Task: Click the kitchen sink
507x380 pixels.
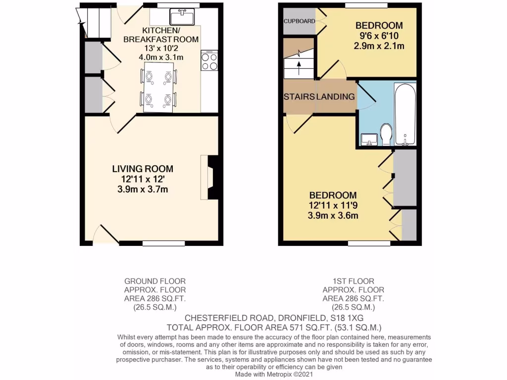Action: (182, 17)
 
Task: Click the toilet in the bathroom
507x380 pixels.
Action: (386, 134)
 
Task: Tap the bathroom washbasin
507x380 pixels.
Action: (369, 140)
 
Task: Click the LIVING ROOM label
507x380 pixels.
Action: (143, 169)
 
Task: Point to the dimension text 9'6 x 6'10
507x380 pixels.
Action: (379, 36)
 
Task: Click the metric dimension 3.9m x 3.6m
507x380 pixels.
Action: (333, 215)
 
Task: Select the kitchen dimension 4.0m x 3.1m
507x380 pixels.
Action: (161, 57)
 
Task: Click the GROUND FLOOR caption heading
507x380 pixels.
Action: (155, 281)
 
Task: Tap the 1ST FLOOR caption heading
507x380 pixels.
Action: (354, 281)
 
